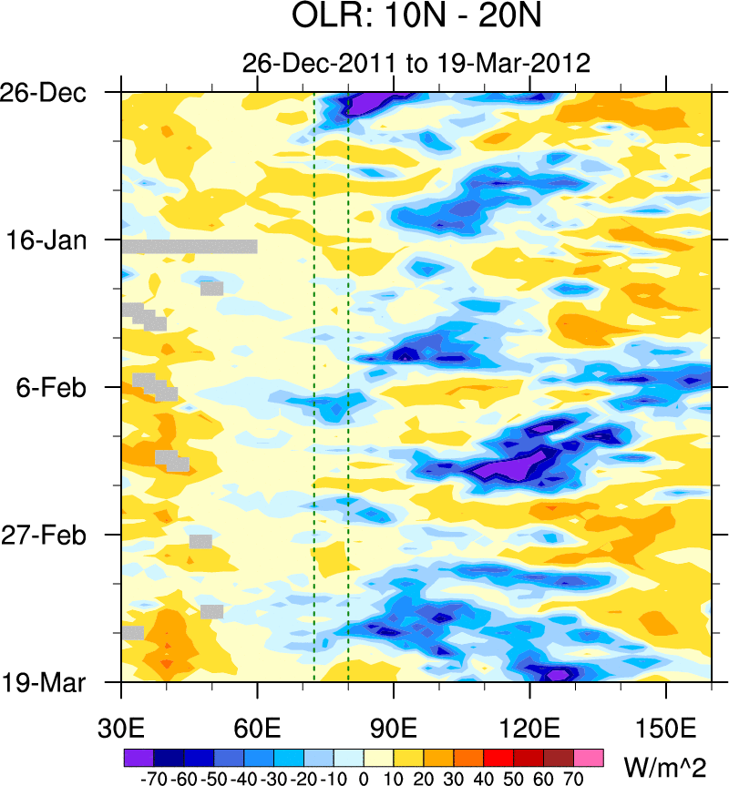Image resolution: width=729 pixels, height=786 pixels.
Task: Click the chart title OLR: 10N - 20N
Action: pyautogui.click(x=416, y=17)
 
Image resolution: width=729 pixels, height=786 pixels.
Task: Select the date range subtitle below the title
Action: pyautogui.click(x=416, y=63)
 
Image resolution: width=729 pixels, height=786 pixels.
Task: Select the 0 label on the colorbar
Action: pyautogui.click(x=364, y=779)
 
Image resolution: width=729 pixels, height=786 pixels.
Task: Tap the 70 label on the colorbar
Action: pyautogui.click(x=574, y=779)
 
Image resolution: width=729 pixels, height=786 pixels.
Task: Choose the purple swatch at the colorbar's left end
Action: pyautogui.click(x=138, y=758)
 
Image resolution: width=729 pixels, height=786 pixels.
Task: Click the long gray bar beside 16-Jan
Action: pyautogui.click(x=190, y=246)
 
